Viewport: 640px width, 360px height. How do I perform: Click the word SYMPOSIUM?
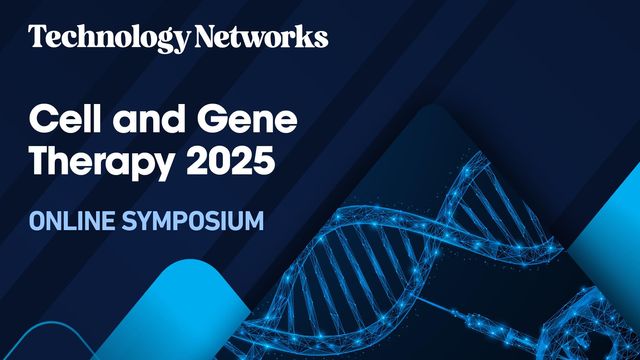pyautogui.click(x=195, y=220)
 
